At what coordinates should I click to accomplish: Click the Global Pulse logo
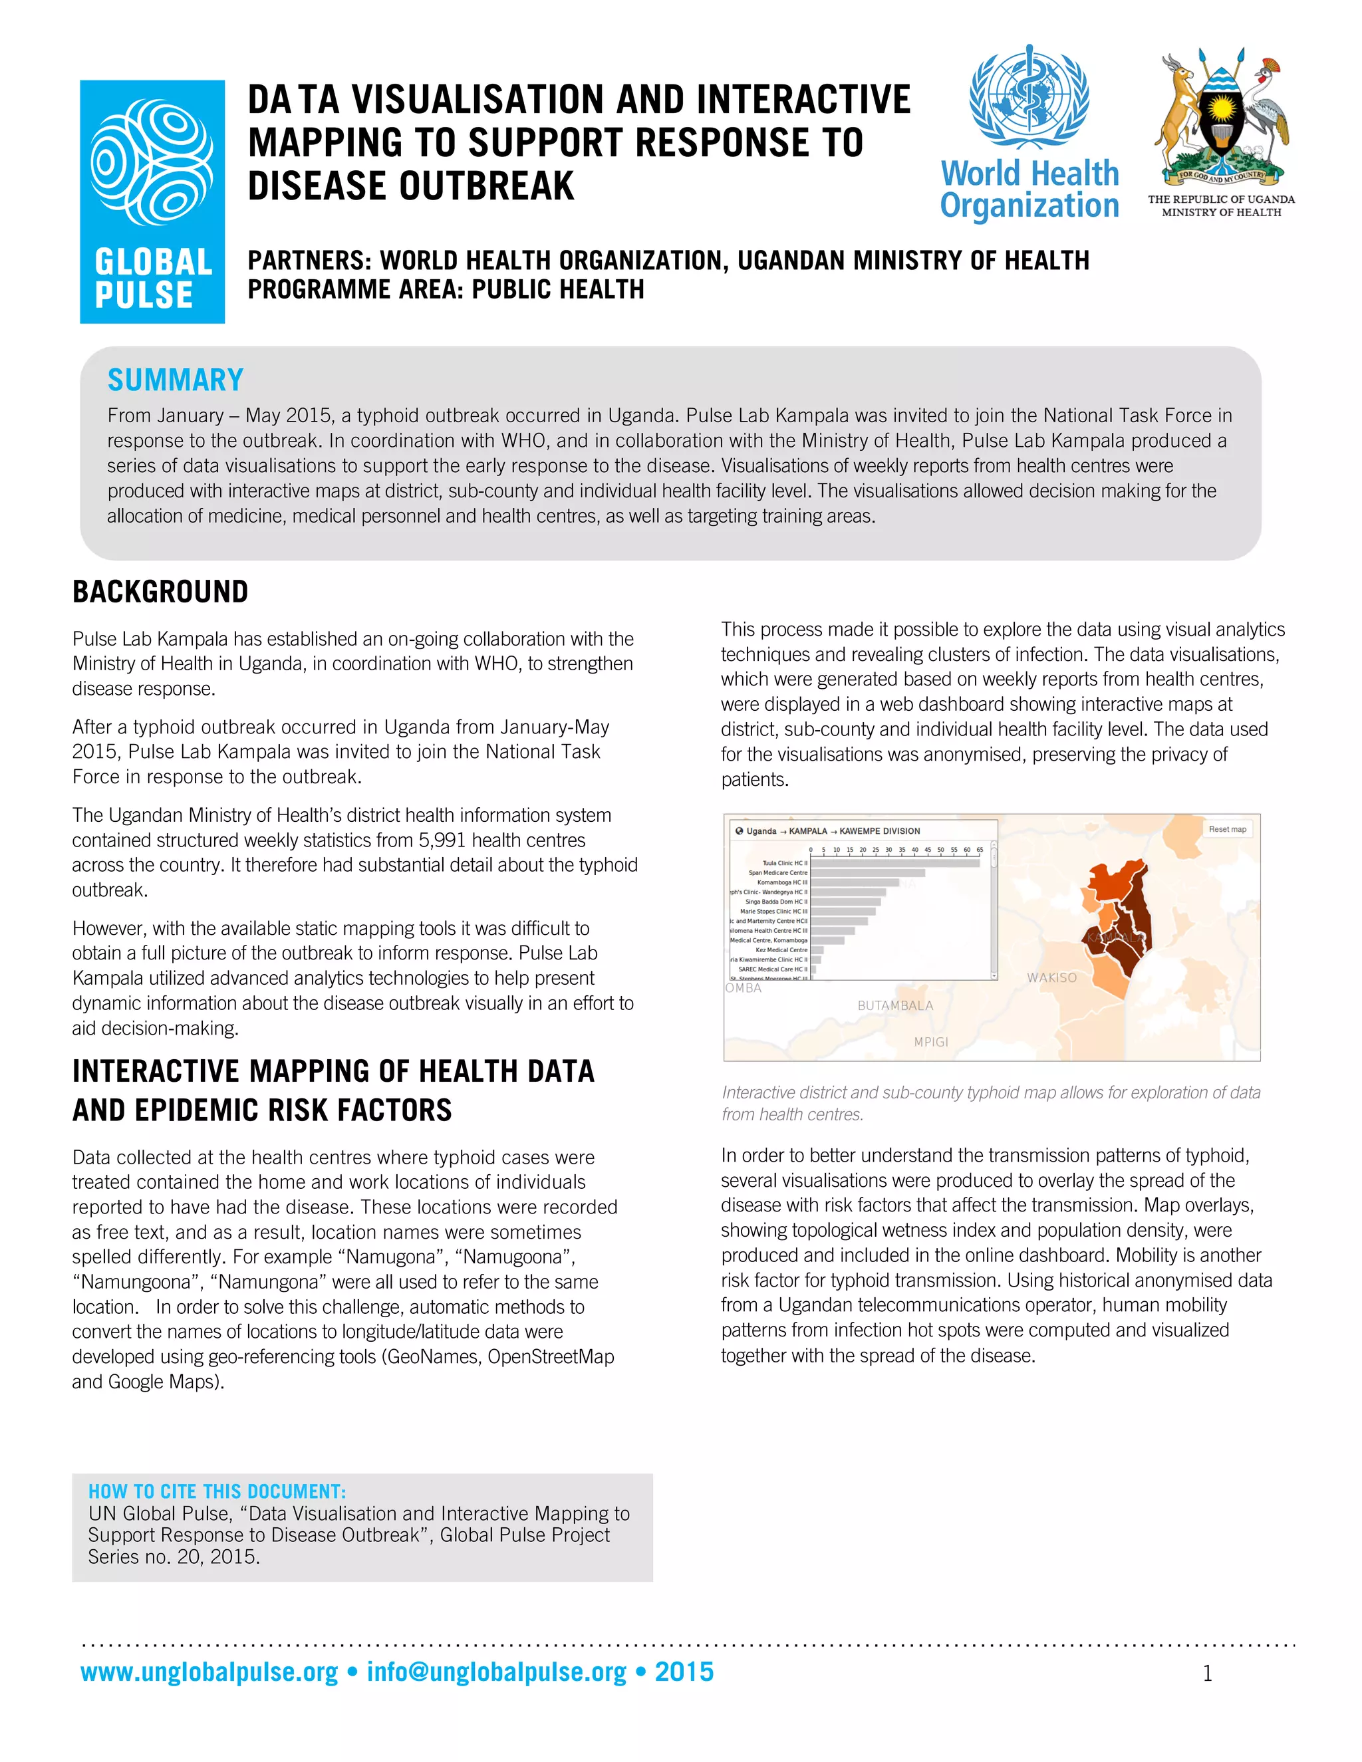[152, 201]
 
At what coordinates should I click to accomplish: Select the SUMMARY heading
[175, 380]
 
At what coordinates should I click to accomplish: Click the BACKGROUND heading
[160, 591]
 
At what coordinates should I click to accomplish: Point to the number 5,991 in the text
[448, 840]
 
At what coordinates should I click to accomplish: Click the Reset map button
[1226, 829]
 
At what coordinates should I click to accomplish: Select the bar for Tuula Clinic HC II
[894, 863]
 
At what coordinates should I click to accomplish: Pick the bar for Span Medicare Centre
[867, 873]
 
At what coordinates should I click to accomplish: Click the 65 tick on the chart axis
[980, 850]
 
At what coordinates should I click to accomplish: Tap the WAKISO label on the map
[1051, 977]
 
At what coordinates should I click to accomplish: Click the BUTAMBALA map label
[895, 1005]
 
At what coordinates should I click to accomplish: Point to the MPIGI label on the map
[930, 1041]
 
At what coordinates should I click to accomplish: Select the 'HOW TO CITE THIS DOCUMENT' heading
[216, 1491]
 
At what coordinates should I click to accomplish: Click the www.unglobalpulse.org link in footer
[209, 1671]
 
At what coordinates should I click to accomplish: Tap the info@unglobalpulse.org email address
[496, 1671]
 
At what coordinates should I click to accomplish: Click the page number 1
[1207, 1674]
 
